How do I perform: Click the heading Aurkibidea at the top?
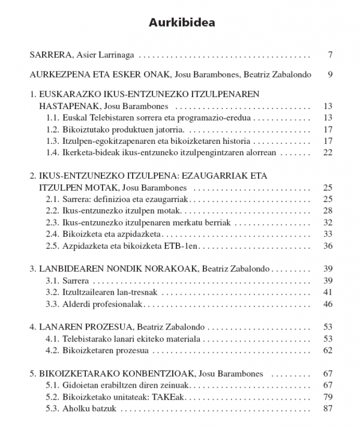[181, 23]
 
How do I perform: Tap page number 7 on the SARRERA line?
[330, 56]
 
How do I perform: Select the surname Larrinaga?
[115, 56]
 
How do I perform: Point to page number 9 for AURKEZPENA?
[330, 75]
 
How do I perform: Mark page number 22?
[328, 152]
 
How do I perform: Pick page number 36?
[328, 245]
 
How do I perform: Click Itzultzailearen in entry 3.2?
[89, 292]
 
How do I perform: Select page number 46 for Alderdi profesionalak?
[328, 304]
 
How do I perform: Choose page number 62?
[328, 350]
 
